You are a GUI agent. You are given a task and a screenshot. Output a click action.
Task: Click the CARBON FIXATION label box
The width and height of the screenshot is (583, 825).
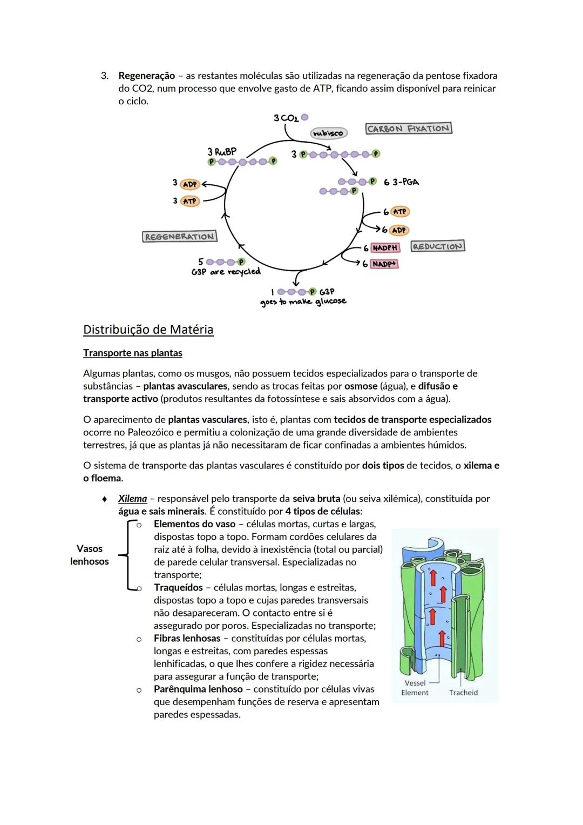click(409, 129)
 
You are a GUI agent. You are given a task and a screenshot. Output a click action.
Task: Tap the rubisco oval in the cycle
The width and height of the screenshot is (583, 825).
click(328, 133)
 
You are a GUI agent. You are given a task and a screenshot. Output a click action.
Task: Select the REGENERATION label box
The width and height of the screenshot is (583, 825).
click(180, 237)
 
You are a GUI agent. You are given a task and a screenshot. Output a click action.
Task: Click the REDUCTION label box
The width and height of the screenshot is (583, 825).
click(437, 246)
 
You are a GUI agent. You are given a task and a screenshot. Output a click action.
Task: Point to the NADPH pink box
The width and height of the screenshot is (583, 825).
click(385, 248)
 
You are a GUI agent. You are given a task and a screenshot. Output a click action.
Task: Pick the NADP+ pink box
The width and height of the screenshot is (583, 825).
click(384, 264)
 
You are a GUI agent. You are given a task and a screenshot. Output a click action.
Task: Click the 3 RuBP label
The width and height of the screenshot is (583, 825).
click(222, 152)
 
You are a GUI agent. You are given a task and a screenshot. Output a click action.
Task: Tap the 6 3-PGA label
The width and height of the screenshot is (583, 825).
click(401, 182)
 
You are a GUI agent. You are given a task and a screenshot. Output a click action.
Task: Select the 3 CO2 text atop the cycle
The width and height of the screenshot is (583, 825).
click(286, 118)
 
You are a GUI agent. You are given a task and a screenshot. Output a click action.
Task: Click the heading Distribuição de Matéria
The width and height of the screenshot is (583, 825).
click(148, 330)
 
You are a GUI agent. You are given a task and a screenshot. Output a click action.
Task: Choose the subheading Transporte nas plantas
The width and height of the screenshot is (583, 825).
click(133, 353)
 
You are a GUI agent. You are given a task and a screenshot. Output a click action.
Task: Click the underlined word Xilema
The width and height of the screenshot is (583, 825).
click(133, 499)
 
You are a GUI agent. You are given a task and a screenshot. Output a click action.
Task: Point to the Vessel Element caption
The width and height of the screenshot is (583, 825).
click(415, 688)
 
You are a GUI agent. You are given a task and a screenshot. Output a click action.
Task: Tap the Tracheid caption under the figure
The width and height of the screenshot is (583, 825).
click(463, 693)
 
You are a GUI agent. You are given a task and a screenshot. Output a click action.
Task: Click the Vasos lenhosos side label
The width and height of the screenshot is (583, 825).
click(90, 555)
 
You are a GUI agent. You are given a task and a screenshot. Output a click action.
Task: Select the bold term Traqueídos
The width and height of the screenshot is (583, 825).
click(178, 587)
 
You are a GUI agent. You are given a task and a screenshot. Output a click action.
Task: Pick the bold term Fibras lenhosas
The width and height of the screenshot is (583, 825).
click(187, 638)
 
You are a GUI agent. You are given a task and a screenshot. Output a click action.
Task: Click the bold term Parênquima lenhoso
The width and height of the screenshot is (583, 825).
click(198, 689)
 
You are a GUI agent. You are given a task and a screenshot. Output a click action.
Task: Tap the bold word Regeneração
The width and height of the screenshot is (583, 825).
click(147, 76)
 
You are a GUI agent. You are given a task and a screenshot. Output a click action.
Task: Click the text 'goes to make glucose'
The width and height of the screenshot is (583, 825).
click(303, 301)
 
